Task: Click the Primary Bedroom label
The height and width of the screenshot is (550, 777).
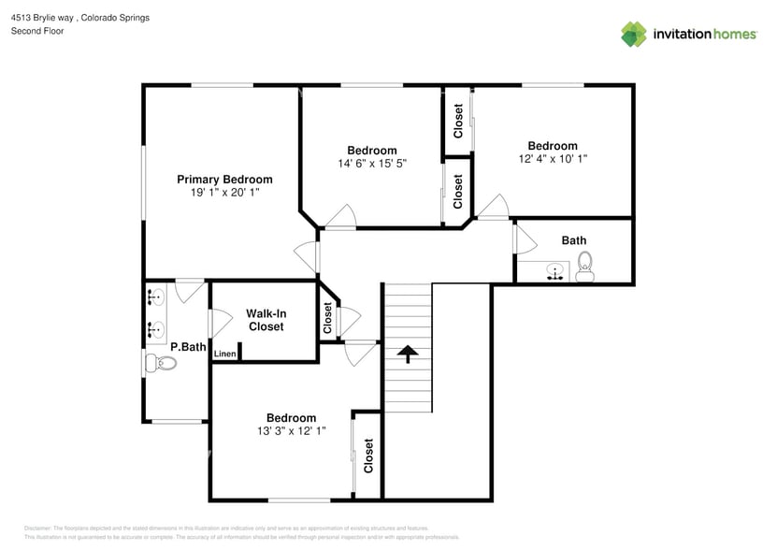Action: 224,180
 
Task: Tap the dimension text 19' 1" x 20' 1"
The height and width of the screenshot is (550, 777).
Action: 224,193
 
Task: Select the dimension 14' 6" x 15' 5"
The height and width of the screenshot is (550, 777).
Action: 372,164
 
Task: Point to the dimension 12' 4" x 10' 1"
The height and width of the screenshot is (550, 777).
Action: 552,159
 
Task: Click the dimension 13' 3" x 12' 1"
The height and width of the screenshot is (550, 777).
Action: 291,431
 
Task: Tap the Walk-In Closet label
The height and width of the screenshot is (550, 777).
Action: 266,320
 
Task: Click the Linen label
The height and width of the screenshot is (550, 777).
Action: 224,354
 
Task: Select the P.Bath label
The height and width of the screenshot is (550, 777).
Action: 187,347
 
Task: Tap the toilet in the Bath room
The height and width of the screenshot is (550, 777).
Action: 585,266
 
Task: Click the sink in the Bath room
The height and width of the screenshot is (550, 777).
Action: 554,273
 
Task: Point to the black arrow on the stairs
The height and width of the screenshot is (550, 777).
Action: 407,354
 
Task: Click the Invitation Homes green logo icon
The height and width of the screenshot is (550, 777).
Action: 634,34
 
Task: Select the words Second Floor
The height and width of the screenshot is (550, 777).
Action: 36,31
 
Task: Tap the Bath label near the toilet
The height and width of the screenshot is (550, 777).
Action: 574,240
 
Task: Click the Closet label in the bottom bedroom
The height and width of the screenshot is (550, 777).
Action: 368,456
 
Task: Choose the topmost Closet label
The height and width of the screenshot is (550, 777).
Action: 458,122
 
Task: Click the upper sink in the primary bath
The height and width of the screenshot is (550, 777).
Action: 156,298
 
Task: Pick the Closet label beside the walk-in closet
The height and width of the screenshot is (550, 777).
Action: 328,319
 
